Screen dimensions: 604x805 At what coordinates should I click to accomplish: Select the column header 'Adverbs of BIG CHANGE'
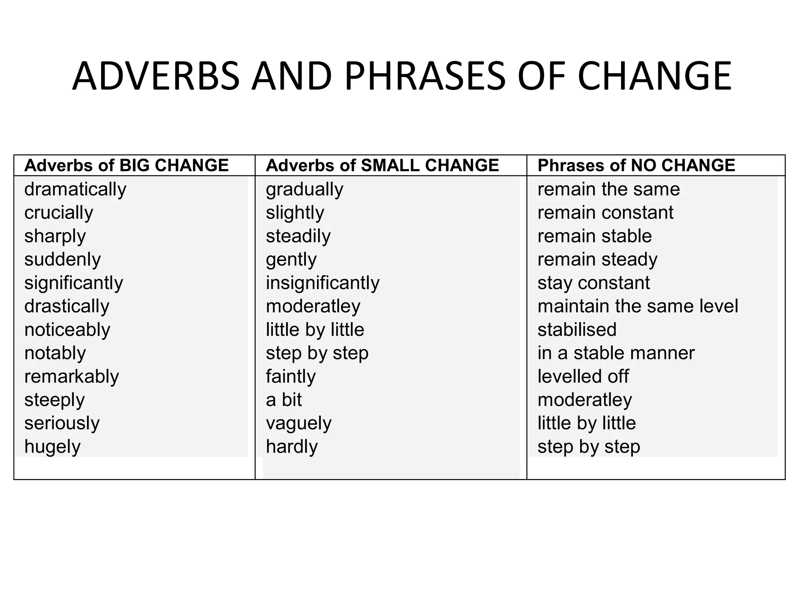coord(126,165)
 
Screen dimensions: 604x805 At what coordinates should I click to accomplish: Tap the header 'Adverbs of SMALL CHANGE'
coord(382,165)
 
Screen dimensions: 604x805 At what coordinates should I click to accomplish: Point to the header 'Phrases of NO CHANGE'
coord(636,165)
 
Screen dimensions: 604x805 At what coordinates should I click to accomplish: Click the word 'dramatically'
coord(75,190)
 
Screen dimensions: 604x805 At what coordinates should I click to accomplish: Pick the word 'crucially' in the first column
coord(59,213)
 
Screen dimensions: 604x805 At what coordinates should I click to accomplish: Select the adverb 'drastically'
coord(67,306)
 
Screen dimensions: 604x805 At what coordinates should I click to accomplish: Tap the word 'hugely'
coord(52,447)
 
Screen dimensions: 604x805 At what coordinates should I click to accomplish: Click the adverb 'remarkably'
coord(71,377)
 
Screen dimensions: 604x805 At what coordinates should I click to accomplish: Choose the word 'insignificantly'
coord(322,283)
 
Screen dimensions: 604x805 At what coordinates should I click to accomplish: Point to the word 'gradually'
coord(304,190)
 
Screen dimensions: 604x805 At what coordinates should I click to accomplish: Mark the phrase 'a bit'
coord(283,400)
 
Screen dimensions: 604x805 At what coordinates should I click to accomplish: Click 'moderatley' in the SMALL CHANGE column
coord(313,306)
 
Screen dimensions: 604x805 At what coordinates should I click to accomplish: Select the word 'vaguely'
coord(298,424)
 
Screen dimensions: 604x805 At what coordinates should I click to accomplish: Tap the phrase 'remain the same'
coord(608,190)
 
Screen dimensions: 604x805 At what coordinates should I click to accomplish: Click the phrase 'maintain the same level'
coord(638,306)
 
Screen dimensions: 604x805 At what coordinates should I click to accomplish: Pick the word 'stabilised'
coord(577,330)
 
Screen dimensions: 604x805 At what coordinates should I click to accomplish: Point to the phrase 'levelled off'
coord(583,377)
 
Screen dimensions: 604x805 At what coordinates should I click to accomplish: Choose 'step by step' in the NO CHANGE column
coord(588,447)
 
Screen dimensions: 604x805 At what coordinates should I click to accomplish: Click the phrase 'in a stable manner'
coord(616,353)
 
